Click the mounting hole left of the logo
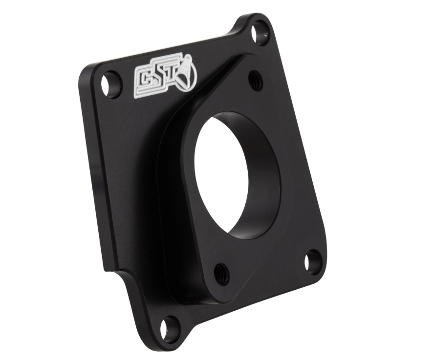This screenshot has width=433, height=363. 111,85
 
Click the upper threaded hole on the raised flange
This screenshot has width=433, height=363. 256,79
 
